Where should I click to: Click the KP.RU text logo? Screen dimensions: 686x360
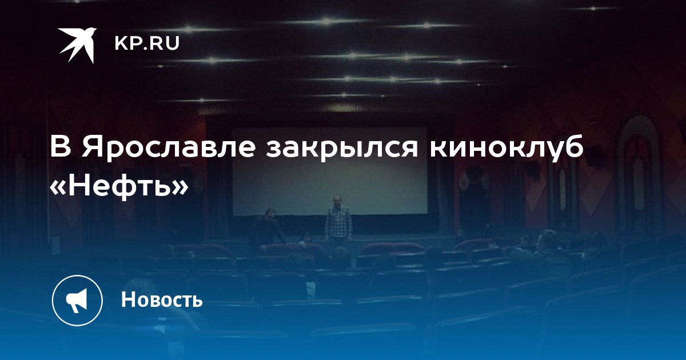coord(147,43)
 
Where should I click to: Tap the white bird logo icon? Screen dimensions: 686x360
coord(77,45)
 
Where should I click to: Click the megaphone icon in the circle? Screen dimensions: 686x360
coord(77,301)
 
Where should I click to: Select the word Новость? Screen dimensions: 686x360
coord(162,299)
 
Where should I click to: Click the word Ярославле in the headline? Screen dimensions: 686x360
coord(169,147)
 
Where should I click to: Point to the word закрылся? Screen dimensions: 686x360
coord(342,147)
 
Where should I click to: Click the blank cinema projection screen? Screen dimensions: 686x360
coord(329,171)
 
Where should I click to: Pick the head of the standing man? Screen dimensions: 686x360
coord(337,201)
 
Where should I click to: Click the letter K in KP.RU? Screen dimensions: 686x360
coord(121,43)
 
